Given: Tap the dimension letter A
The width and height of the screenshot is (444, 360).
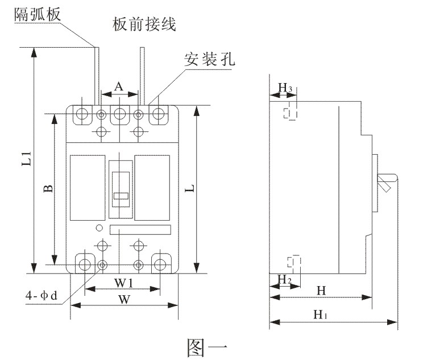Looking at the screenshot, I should (x=119, y=86).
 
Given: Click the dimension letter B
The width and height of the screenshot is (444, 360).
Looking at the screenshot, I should (x=48, y=188).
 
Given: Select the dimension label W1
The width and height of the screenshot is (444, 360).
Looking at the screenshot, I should (x=123, y=283).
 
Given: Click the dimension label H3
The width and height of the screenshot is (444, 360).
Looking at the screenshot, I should (x=285, y=88).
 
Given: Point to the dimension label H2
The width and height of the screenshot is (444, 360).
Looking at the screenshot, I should (x=284, y=279).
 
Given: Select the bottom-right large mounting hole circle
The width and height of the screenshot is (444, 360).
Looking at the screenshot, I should (x=160, y=264).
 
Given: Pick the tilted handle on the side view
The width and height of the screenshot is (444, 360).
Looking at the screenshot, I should (x=386, y=183).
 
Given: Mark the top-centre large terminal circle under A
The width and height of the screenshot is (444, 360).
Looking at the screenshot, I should (x=120, y=114).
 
